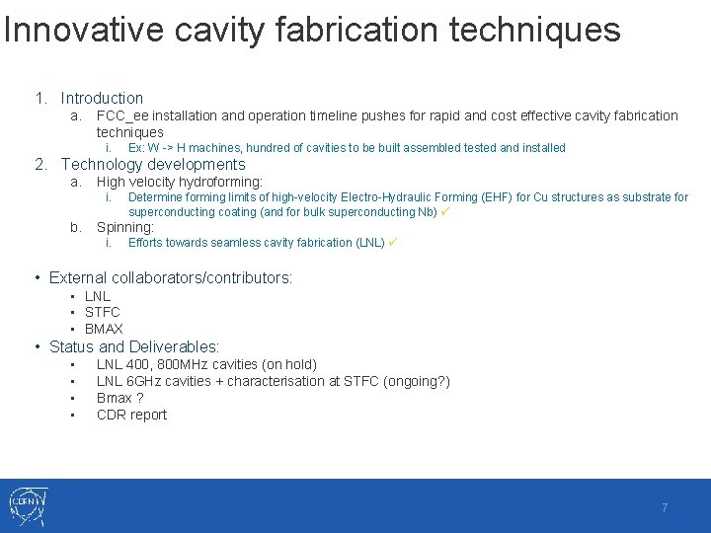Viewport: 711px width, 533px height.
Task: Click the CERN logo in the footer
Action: [x=27, y=505]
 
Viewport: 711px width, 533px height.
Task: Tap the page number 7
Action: [x=665, y=507]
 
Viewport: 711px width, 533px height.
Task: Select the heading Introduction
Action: [x=102, y=98]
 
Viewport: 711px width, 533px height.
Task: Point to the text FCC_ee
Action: [x=120, y=115]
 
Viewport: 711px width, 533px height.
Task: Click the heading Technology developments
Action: [x=153, y=164]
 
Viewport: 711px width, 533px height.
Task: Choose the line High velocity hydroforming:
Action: [x=179, y=182]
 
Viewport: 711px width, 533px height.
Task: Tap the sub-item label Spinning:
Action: [x=125, y=227]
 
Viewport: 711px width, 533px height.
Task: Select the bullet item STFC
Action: [x=102, y=312]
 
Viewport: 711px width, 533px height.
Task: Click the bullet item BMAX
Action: [x=104, y=329]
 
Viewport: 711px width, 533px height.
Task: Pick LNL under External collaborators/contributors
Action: [x=98, y=296]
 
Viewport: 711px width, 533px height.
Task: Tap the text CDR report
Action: [x=131, y=415]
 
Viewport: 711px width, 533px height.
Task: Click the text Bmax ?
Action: [x=119, y=398]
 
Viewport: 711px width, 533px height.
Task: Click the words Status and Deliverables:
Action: [x=134, y=346]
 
